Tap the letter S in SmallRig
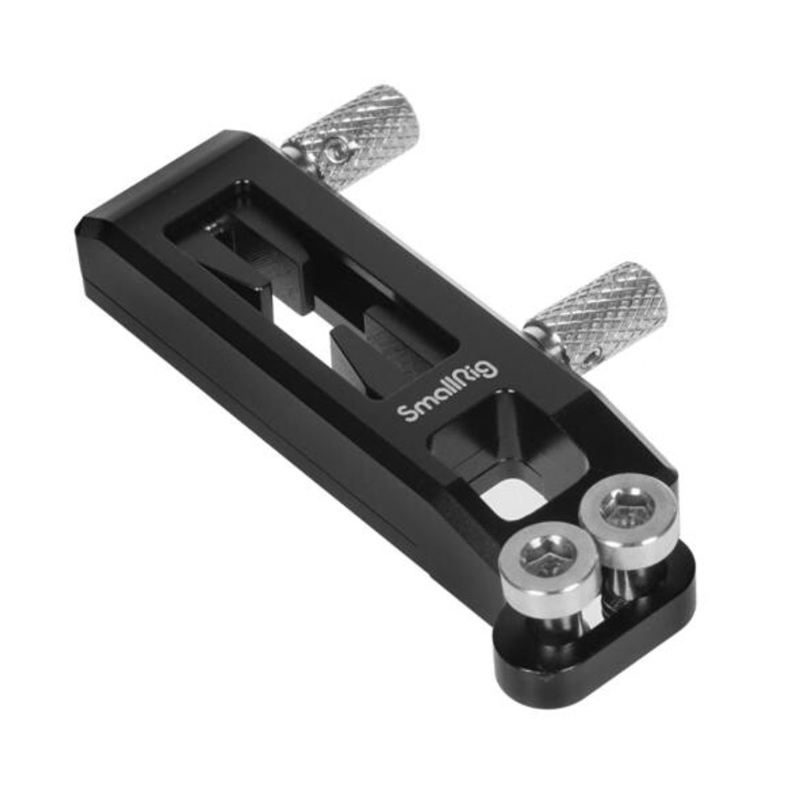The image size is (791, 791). click(409, 412)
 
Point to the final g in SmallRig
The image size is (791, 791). click(489, 370)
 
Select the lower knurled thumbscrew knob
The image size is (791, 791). click(602, 312)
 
